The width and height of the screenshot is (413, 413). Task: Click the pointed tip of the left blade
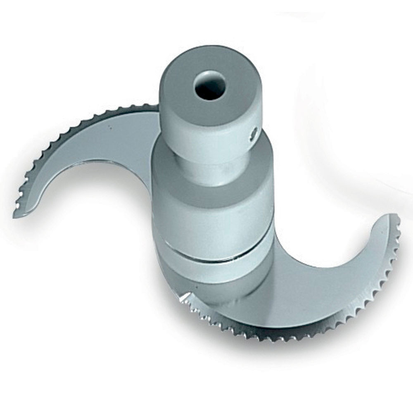[x=16, y=215]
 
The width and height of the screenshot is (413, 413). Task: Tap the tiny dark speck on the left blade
[x=110, y=127]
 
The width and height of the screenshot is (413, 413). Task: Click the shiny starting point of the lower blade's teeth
[x=185, y=297]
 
